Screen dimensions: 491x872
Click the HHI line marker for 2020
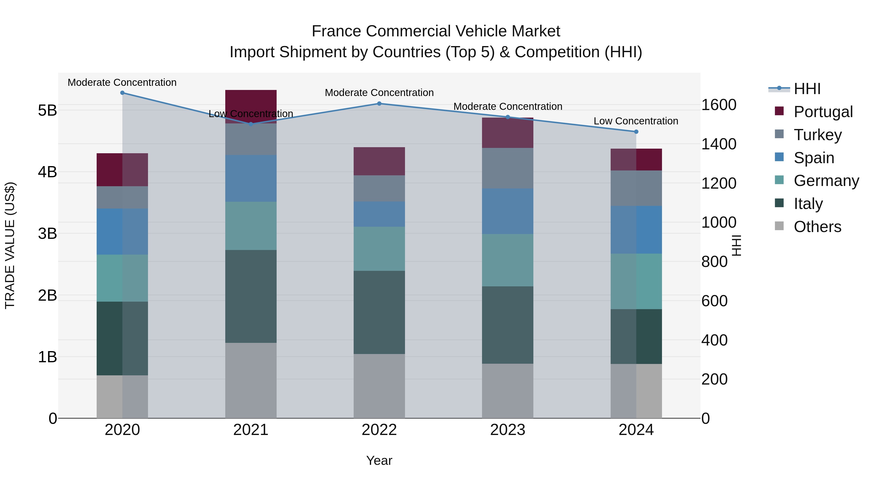tap(122, 93)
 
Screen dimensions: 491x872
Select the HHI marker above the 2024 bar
tap(636, 132)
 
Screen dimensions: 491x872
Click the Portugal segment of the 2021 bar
tap(251, 102)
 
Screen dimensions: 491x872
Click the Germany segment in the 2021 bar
tap(251, 226)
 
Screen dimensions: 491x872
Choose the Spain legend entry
tap(813, 158)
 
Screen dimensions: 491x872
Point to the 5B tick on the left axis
tap(47, 111)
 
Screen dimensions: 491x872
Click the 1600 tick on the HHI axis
tap(718, 105)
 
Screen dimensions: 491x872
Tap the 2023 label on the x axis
tap(507, 430)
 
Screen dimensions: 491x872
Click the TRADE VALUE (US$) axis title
tap(10, 245)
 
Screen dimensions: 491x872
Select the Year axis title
tap(379, 460)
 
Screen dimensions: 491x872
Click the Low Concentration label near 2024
tap(636, 121)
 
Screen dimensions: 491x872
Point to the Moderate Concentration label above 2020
tap(122, 82)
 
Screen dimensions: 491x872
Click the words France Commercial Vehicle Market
tap(436, 31)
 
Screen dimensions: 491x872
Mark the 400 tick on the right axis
tap(714, 340)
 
